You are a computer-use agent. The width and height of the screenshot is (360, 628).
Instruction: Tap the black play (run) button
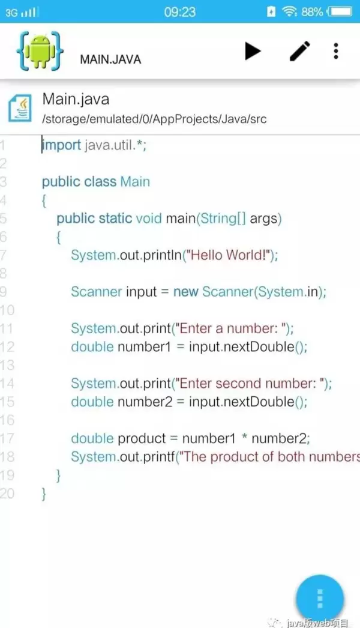click(x=253, y=51)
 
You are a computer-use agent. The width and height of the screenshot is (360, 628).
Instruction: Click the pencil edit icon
click(x=300, y=51)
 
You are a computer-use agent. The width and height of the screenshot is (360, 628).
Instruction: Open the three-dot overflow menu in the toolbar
click(x=336, y=51)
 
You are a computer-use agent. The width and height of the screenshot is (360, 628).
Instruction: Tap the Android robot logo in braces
click(x=40, y=50)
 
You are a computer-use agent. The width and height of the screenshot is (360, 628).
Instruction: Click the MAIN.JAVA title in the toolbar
click(x=110, y=59)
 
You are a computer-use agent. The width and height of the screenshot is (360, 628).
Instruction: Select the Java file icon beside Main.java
click(x=20, y=107)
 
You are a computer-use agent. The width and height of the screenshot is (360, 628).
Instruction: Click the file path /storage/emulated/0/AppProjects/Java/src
click(x=154, y=119)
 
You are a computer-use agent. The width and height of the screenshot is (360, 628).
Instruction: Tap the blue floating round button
click(x=320, y=599)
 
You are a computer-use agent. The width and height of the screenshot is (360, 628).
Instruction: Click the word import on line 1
click(x=62, y=145)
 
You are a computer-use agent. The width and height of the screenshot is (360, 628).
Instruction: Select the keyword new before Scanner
click(x=186, y=292)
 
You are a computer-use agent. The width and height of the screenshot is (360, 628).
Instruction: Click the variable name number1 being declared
click(x=144, y=347)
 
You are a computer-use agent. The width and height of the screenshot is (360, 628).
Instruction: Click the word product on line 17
click(x=142, y=439)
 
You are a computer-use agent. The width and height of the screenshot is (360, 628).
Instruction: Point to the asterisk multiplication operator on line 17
click(x=244, y=437)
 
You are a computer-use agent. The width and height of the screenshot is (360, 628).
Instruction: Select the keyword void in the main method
click(x=149, y=219)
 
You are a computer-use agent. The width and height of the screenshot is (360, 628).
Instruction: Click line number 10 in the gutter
click(x=7, y=310)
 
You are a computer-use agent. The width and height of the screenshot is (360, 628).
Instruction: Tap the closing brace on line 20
click(x=44, y=494)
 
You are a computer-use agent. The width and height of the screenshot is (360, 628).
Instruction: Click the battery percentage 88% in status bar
click(x=312, y=12)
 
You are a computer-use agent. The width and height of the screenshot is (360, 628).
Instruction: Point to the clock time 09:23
click(x=180, y=12)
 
